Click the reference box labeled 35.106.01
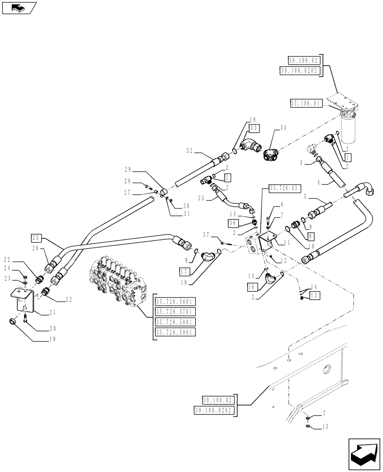click(306, 102)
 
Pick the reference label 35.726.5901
click(175, 332)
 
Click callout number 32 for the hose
click(189, 151)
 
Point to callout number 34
click(283, 128)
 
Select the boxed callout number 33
click(254, 128)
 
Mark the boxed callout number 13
click(314, 295)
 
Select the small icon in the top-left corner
click(18, 8)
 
